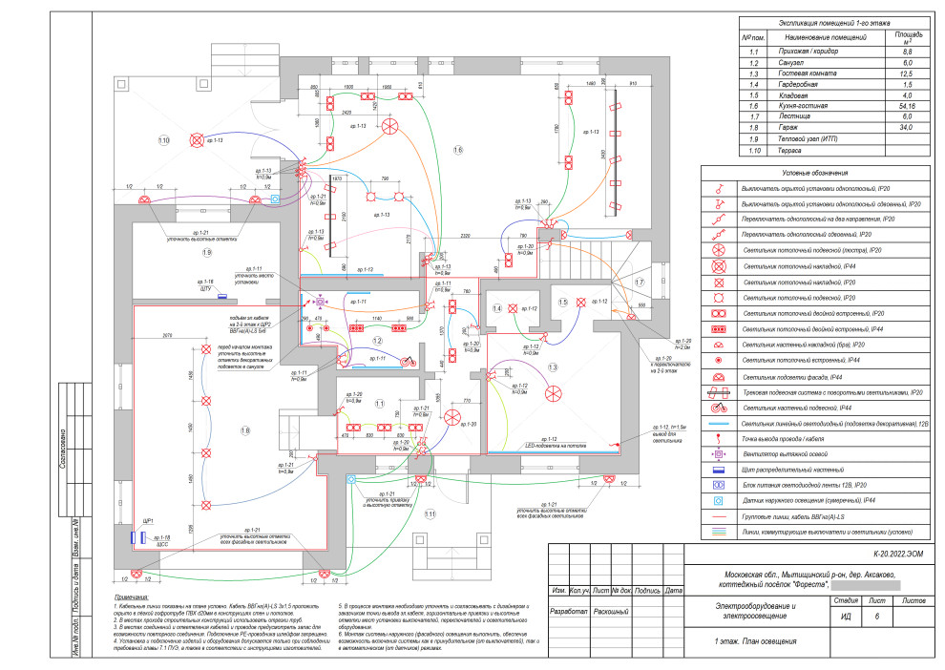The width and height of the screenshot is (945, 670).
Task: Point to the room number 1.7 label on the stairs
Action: (639, 283)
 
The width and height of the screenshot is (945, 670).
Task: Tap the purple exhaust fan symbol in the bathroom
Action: (320, 303)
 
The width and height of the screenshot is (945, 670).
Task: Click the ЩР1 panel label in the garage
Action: (148, 521)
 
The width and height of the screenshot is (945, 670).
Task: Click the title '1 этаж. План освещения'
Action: (756, 641)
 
